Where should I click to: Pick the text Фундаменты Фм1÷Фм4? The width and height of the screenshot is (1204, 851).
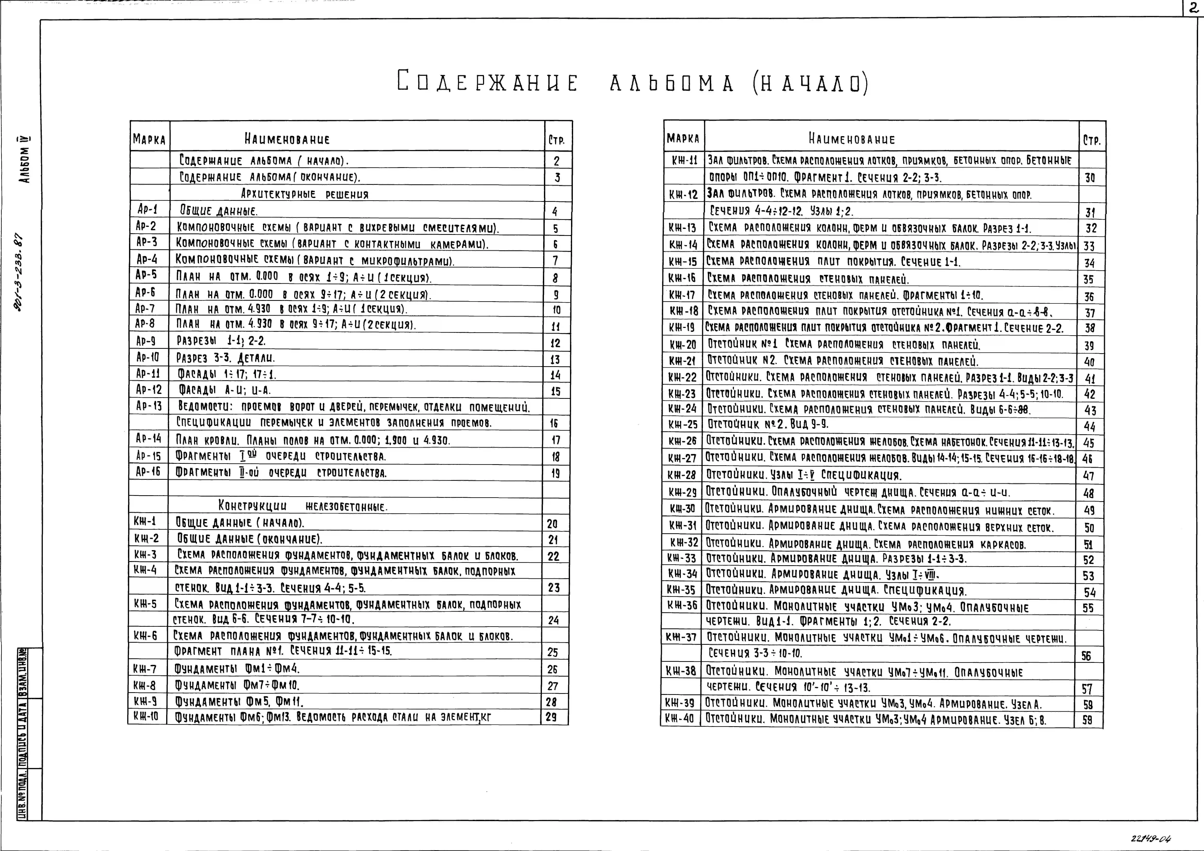click(237, 669)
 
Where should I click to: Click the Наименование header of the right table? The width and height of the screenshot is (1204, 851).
click(852, 139)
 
